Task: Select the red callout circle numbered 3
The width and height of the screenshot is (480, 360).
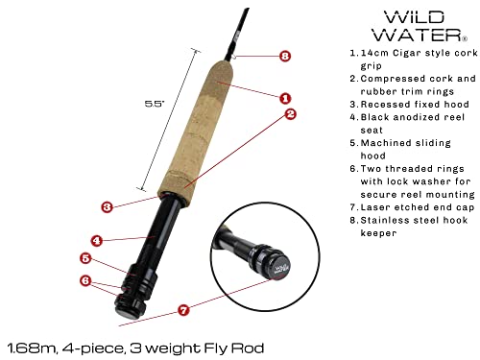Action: [107, 205]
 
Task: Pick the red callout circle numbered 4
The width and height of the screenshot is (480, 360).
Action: [96, 240]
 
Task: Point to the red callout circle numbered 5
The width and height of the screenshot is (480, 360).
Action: [86, 258]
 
